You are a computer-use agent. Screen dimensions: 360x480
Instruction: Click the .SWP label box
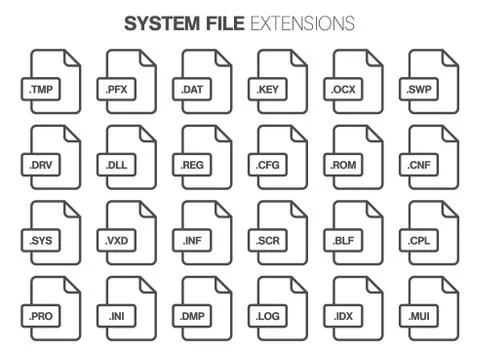click(x=418, y=91)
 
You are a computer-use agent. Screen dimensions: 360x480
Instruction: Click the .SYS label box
click(x=40, y=241)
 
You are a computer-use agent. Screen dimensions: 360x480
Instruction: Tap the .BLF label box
click(x=343, y=241)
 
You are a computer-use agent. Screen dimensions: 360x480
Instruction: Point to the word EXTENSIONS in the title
click(x=302, y=21)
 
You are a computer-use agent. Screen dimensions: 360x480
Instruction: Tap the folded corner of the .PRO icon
click(x=68, y=283)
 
